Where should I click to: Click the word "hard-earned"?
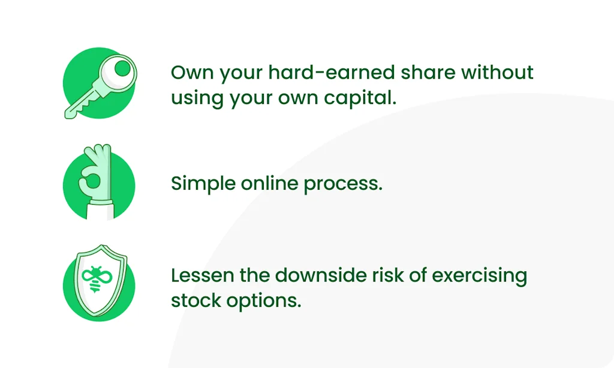(331, 73)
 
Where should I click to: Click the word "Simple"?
(203, 184)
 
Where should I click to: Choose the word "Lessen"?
(203, 275)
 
